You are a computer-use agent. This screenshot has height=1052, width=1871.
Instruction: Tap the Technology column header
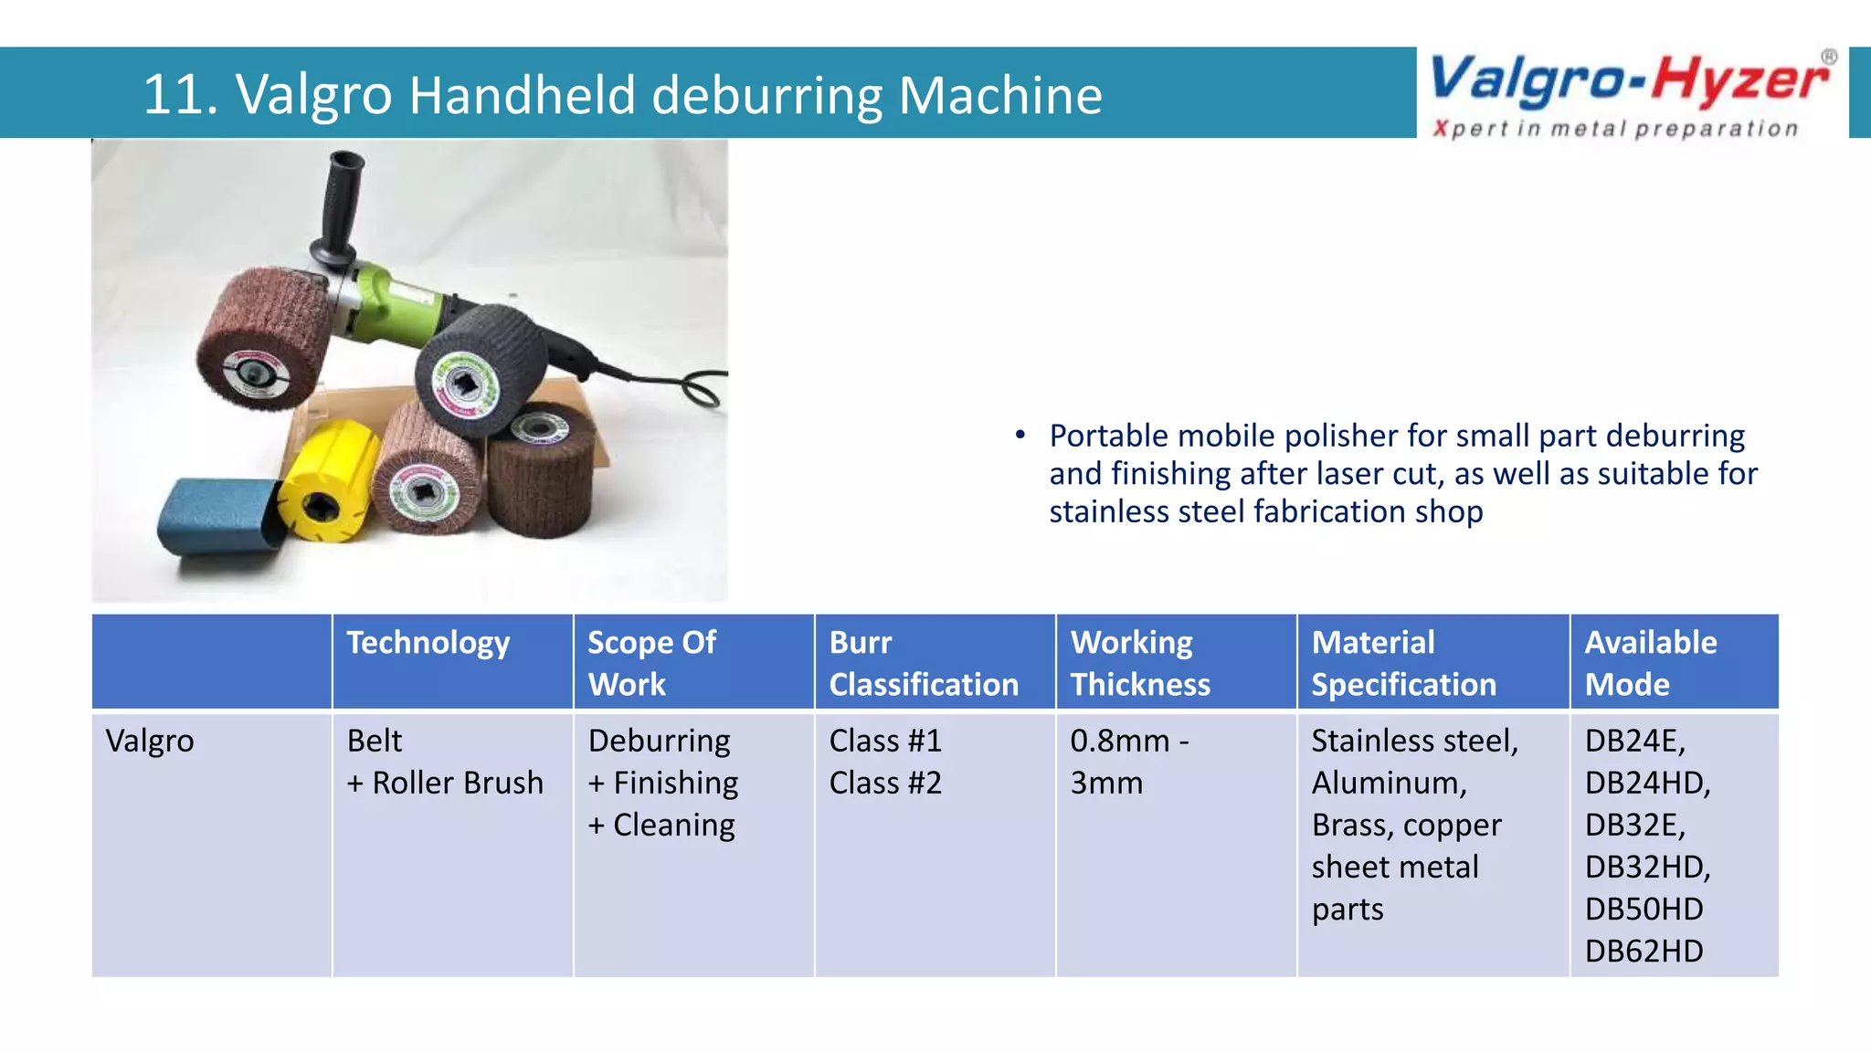click(x=428, y=643)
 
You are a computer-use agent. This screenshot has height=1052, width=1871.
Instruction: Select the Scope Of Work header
click(x=651, y=663)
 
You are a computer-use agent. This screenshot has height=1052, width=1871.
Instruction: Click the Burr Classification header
click(x=923, y=663)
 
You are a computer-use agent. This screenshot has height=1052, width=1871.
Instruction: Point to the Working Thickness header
click(x=1139, y=663)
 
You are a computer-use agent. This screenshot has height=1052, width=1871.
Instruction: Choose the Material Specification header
click(x=1403, y=663)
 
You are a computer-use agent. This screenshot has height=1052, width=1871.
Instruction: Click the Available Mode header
click(x=1650, y=663)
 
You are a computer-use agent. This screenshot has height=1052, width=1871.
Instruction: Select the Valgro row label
click(x=150, y=741)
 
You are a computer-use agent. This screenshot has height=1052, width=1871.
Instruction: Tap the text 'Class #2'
click(x=884, y=783)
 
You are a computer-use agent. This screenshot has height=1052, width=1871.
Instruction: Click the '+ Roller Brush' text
click(x=445, y=783)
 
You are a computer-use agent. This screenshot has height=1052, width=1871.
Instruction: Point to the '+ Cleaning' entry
click(x=661, y=825)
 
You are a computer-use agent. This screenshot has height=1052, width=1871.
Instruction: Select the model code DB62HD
click(x=1644, y=951)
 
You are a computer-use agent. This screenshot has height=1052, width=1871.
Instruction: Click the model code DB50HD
click(x=1644, y=909)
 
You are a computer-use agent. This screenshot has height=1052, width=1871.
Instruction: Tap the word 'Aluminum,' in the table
click(x=1389, y=783)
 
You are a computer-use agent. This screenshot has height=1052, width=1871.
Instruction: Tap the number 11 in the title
click(x=172, y=95)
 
